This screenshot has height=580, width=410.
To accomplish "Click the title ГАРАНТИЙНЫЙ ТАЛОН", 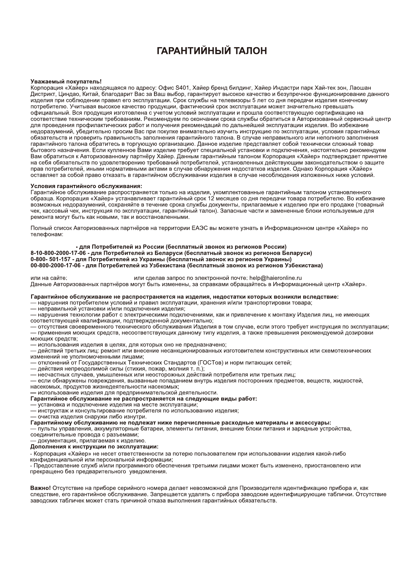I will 212,51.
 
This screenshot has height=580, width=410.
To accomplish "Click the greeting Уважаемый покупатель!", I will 66,82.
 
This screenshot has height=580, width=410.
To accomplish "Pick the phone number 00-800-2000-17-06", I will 55,266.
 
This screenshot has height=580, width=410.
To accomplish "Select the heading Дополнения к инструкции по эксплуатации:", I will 94,447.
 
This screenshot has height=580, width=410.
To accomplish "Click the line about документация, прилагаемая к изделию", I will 88,441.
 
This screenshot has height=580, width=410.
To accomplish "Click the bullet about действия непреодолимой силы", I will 117,369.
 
